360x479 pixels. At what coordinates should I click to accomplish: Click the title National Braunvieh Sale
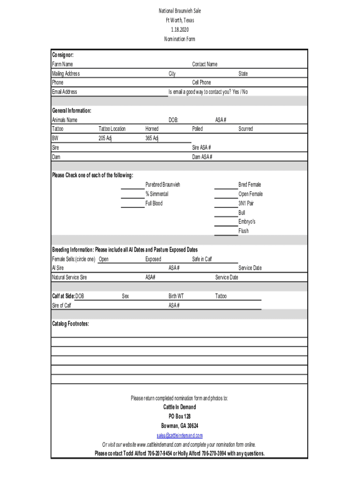[x=180, y=11]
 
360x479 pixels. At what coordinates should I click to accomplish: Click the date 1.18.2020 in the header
[x=180, y=29]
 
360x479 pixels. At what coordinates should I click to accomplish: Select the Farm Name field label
[x=62, y=64]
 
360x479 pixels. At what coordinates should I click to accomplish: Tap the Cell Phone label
[x=202, y=82]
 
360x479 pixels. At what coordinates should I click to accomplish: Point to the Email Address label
[x=65, y=92]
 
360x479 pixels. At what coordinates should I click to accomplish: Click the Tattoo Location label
[x=112, y=129]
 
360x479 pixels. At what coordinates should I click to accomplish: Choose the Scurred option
[x=245, y=129]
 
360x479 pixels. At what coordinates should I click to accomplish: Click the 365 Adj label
[x=152, y=138]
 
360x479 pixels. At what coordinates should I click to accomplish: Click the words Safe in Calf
[x=202, y=259]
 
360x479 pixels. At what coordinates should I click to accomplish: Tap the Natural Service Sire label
[x=69, y=277]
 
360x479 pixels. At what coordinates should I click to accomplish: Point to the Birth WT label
[x=176, y=296]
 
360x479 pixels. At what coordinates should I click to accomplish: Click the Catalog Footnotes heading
[x=71, y=324]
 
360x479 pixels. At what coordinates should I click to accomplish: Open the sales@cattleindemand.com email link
[x=180, y=435]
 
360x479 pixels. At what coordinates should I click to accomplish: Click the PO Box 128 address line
[x=180, y=416]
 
